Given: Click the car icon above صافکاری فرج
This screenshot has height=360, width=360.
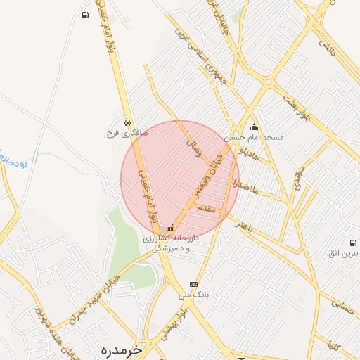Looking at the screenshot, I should tap(127, 122).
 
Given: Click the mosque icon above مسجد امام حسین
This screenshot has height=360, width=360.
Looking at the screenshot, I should tap(254, 127).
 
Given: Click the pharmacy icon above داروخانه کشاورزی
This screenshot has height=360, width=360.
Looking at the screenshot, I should tap(169, 229).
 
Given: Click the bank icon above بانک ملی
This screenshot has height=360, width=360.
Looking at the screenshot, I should tap(194, 285).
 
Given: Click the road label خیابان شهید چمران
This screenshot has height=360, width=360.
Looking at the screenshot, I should tap(98, 299).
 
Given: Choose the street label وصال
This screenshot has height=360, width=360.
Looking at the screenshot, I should tap(192, 148).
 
